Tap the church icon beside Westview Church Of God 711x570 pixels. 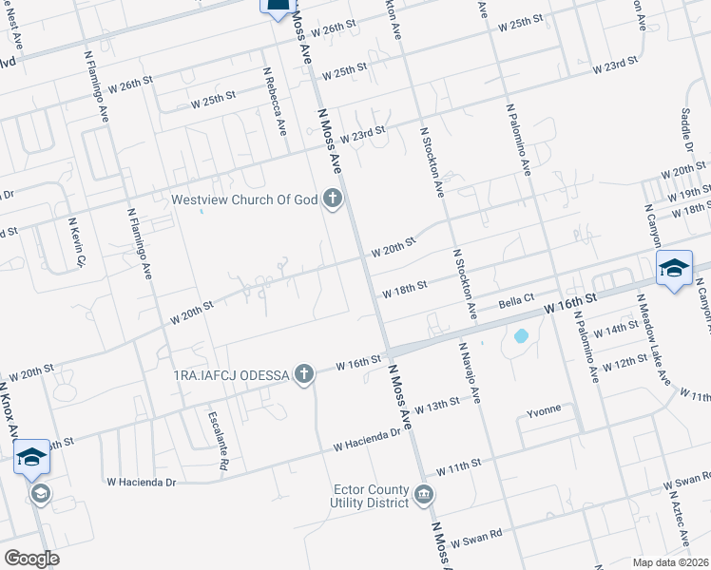332,199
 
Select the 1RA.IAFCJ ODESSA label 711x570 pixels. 230,374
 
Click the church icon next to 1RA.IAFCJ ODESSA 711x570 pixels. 303,373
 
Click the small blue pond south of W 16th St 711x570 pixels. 521,335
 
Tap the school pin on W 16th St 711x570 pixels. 674,271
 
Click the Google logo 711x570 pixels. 31,559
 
